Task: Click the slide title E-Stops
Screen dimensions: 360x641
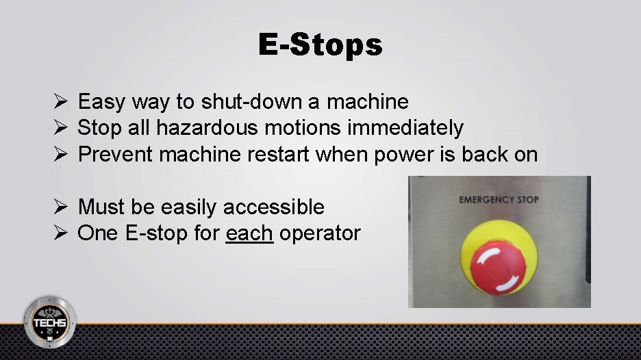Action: [320, 45]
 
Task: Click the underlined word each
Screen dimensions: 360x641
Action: [249, 233]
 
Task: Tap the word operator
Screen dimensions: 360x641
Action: [320, 233]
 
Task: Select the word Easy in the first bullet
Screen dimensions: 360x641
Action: [101, 102]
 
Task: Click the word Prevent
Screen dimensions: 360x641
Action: [116, 154]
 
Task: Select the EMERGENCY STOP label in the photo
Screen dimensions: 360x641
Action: [499, 200]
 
